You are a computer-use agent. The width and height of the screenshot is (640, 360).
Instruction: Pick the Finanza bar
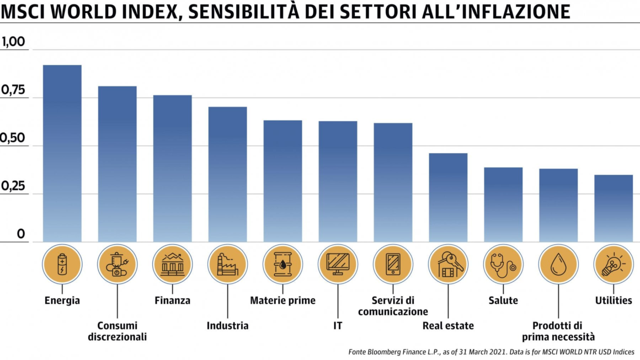(x=173, y=168)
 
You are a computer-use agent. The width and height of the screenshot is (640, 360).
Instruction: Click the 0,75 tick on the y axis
(x=13, y=90)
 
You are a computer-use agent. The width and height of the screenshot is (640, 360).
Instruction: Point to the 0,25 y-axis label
(x=13, y=186)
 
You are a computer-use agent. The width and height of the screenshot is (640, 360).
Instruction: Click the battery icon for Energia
(x=62, y=264)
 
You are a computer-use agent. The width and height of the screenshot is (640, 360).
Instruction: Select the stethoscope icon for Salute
(x=503, y=264)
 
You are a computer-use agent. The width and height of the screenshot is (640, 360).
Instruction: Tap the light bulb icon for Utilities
(x=614, y=264)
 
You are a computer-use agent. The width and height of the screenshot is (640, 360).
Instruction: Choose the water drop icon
(x=558, y=264)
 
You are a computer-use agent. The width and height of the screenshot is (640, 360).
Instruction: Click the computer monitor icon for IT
(x=338, y=264)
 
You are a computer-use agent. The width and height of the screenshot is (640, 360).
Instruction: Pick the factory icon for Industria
(x=228, y=264)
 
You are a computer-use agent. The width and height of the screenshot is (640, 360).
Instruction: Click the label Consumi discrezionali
(x=118, y=331)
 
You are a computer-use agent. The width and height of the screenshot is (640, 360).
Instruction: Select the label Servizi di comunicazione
(x=393, y=306)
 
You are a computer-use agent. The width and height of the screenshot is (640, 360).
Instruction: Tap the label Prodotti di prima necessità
(x=558, y=331)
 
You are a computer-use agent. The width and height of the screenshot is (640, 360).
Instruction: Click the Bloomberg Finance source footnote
(x=491, y=351)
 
